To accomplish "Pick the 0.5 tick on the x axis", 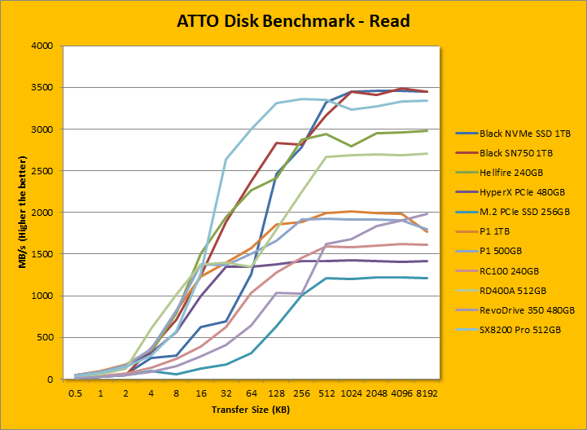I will [x=77, y=393].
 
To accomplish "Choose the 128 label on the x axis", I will [x=276, y=393].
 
